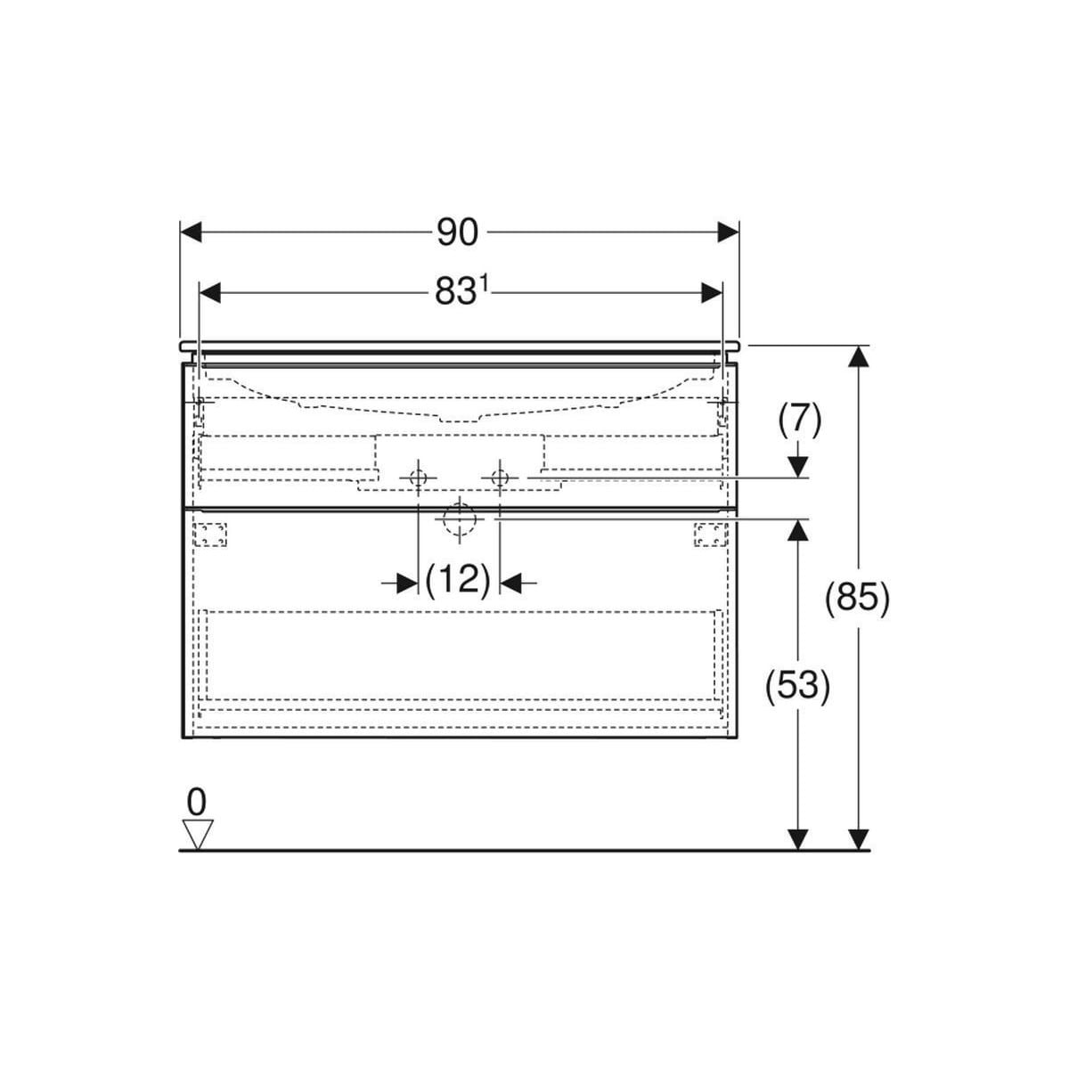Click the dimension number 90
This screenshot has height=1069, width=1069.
pyautogui.click(x=457, y=233)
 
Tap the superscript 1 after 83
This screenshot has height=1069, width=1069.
pyautogui.click(x=483, y=284)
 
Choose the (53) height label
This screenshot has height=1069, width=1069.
pyautogui.click(x=797, y=686)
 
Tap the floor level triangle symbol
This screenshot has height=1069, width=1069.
pyautogui.click(x=198, y=835)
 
